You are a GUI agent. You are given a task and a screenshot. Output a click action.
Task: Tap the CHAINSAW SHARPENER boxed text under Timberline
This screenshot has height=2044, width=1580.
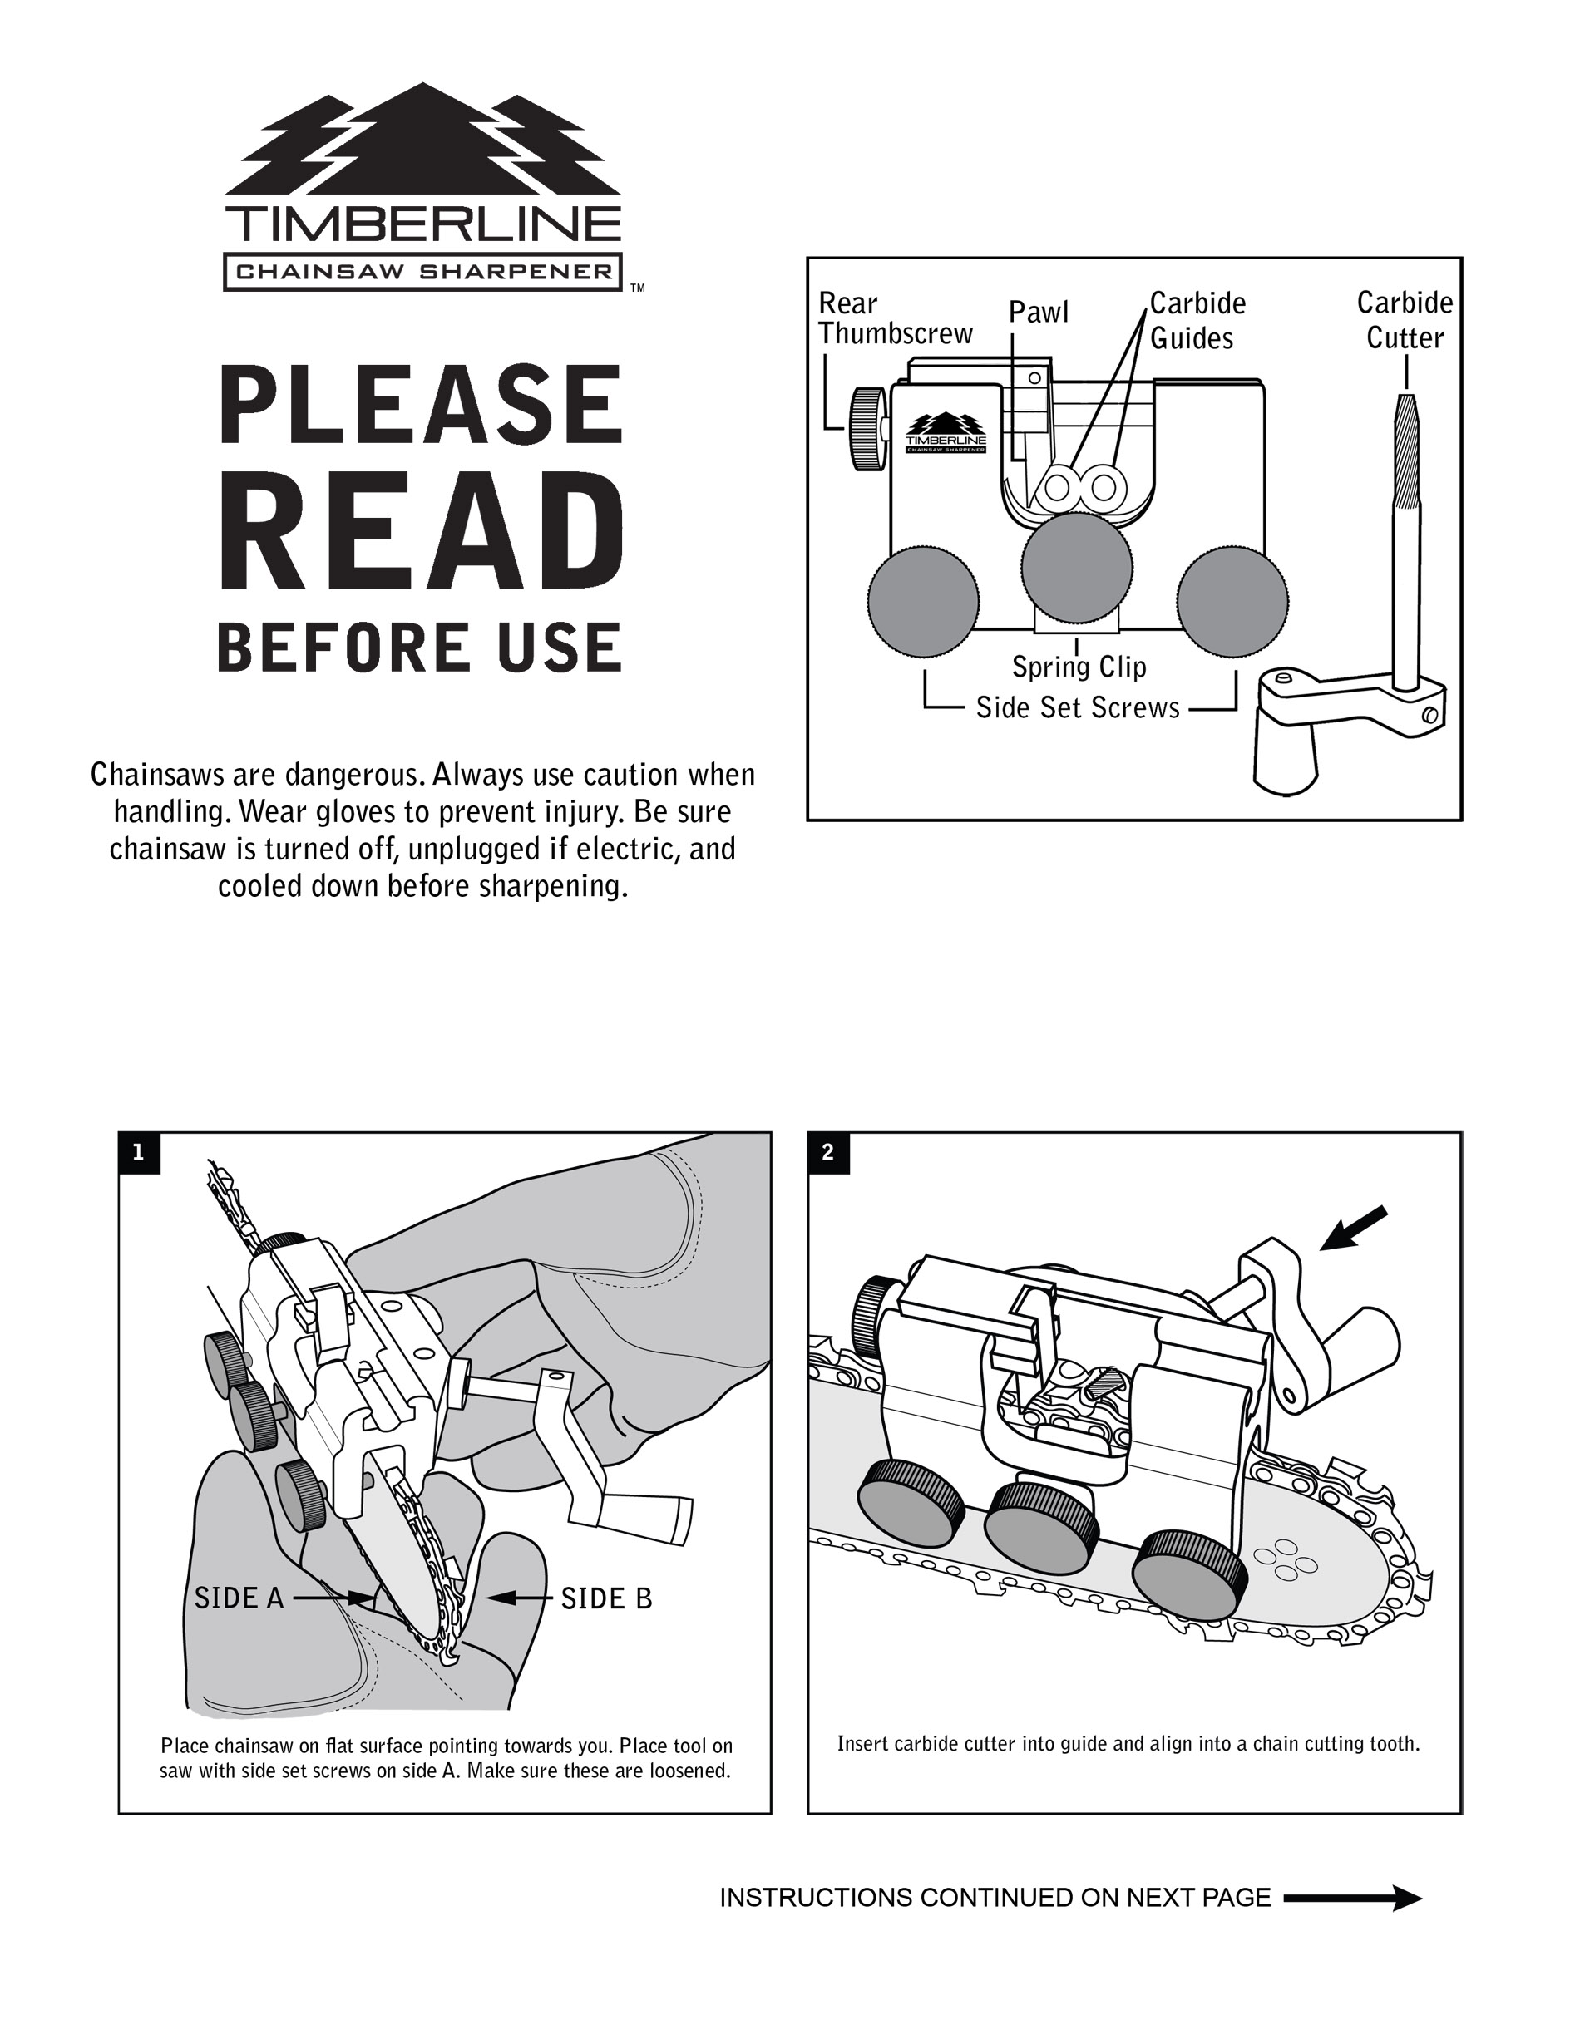pos(422,273)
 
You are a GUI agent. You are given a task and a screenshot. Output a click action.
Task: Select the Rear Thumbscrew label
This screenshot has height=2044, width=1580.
pos(894,318)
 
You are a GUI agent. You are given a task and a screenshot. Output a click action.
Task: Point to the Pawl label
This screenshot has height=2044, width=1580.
pos(1038,312)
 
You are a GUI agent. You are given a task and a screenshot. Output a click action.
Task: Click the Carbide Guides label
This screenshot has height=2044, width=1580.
pos(1197,320)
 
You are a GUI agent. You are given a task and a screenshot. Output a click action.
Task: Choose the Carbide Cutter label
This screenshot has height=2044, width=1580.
pos(1404,320)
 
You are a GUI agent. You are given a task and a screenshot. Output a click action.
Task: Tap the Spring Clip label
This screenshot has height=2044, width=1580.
pos(1079,667)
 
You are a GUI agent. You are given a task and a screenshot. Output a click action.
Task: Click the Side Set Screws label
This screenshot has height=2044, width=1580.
pos(1078,707)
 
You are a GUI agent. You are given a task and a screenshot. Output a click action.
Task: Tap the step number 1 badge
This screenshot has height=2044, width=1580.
pos(140,1152)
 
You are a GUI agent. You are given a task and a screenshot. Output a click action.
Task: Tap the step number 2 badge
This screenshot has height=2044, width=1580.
pos(827,1152)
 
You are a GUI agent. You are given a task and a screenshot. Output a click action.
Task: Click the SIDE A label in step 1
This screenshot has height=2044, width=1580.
pos(239,1598)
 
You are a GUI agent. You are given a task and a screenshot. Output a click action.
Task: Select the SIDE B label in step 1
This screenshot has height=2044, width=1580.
pos(605,1598)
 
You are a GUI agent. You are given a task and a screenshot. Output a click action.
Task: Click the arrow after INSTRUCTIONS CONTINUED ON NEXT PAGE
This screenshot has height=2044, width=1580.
pos(1352,1898)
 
